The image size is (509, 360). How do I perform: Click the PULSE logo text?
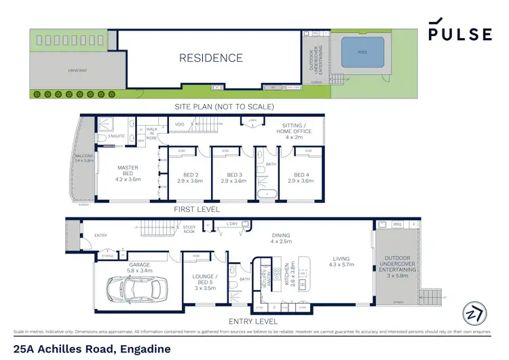point(460,34)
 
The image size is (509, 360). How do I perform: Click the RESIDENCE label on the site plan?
point(210,58)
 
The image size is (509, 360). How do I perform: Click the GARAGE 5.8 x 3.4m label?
point(140,267)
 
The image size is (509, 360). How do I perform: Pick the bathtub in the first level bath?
point(266,194)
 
